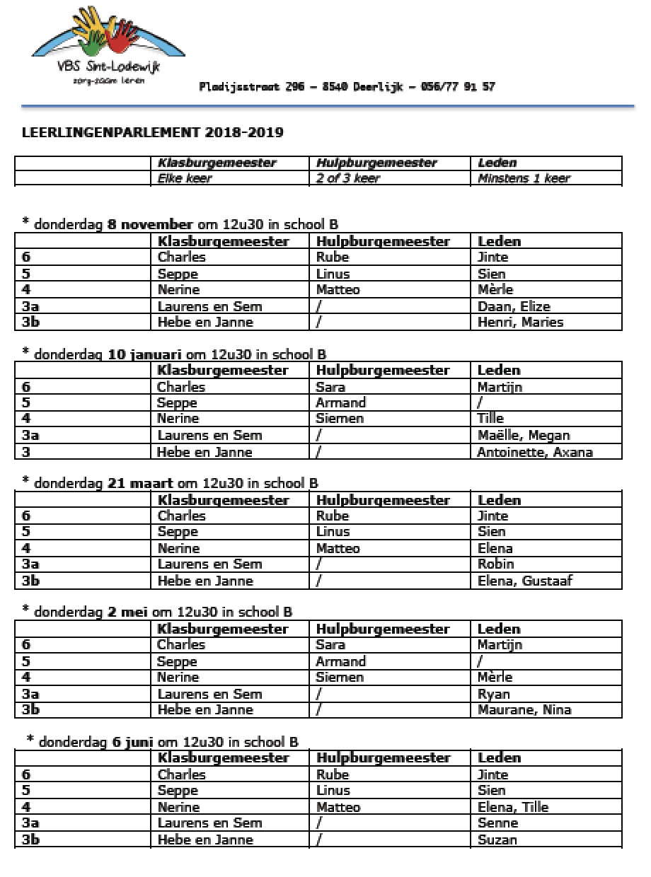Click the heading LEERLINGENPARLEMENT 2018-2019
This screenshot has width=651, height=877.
(153, 132)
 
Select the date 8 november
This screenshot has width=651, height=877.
(150, 225)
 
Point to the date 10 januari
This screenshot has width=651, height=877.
(146, 354)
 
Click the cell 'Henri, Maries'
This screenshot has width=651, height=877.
(520, 323)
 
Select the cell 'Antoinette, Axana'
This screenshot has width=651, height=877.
(534, 453)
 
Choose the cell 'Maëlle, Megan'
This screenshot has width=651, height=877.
(523, 436)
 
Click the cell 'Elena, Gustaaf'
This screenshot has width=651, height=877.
(524, 581)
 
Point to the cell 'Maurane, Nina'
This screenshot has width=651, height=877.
(524, 710)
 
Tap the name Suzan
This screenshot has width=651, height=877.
(497, 840)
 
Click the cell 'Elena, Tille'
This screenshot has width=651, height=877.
(512, 807)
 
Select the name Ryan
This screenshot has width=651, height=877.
(493, 694)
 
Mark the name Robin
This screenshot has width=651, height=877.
(495, 564)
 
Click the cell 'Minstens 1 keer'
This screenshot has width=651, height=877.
(524, 178)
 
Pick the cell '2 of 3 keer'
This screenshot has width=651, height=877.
(347, 178)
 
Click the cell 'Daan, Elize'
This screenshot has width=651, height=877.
(513, 306)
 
